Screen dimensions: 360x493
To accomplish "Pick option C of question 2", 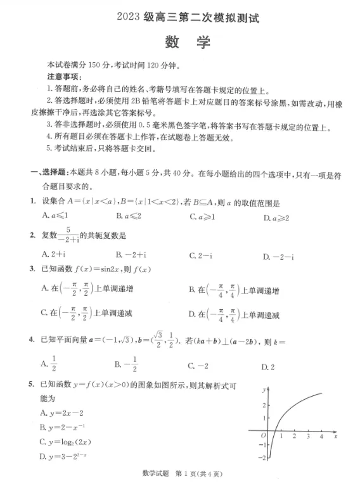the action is (x=200, y=255).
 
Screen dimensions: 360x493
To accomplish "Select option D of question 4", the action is (x=268, y=367).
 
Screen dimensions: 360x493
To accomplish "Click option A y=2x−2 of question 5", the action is (x=58, y=413).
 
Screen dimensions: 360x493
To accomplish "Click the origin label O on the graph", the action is (x=262, y=436).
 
